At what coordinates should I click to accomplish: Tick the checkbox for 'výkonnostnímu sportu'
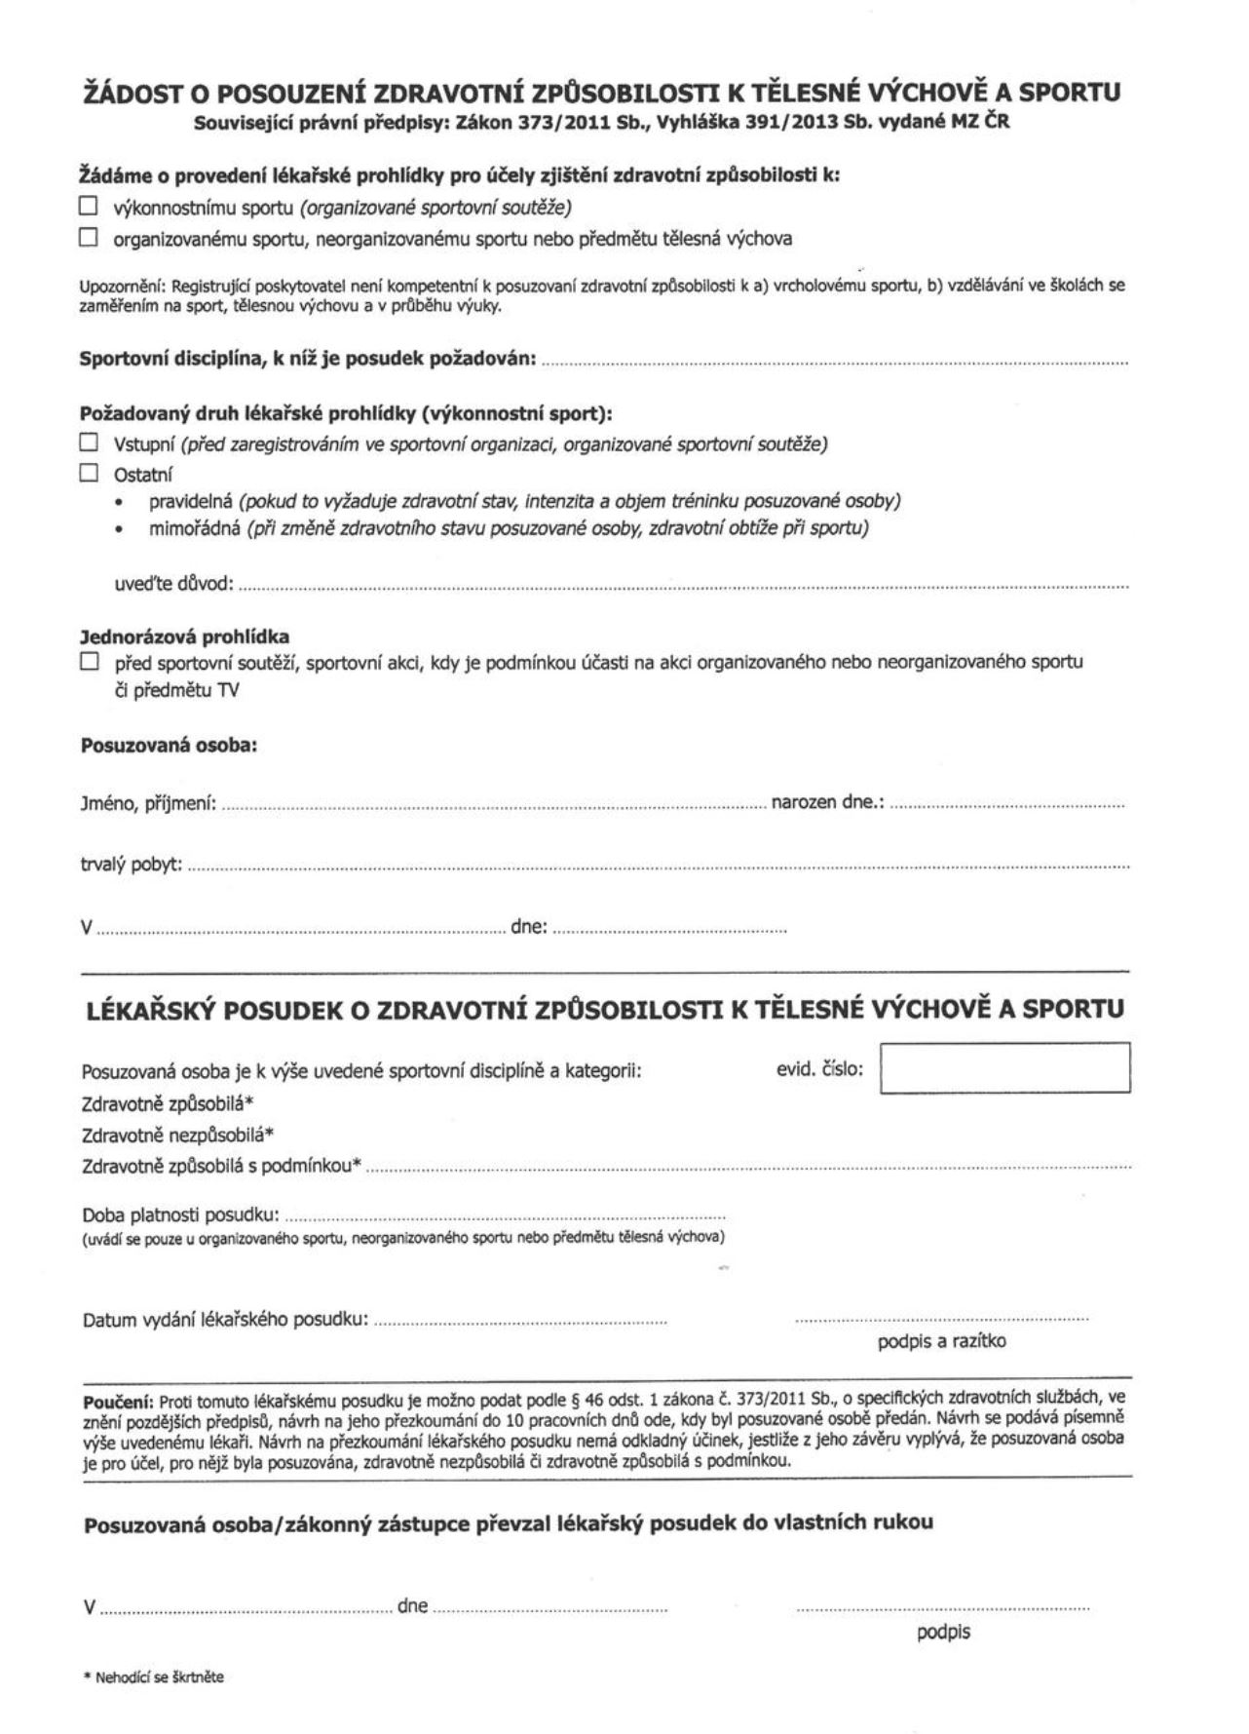coord(89,207)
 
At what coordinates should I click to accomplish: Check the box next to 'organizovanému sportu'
coord(89,237)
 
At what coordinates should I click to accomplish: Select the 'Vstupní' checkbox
coord(89,443)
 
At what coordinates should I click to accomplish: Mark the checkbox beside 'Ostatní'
coord(89,474)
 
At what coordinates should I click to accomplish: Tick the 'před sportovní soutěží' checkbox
coord(89,662)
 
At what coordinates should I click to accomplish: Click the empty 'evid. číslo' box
coord(1003,1068)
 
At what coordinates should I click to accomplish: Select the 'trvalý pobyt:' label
coord(132,865)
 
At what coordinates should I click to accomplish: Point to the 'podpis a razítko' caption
coord(941,1341)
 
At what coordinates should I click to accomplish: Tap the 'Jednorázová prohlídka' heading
coord(184,638)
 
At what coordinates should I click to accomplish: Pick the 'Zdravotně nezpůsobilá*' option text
coord(178,1135)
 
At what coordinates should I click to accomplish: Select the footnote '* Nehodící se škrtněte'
coord(154,1677)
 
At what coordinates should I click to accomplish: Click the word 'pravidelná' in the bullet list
coord(190,501)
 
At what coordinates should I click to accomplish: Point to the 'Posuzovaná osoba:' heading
coord(169,746)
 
